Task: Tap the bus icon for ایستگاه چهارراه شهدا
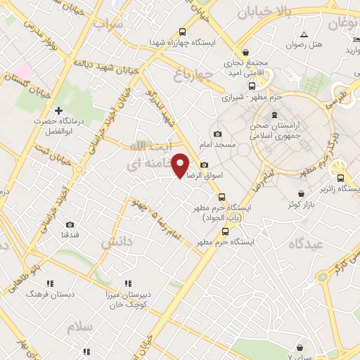click(183, 32)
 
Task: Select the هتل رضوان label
click(304, 44)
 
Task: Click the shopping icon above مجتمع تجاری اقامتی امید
click(245, 51)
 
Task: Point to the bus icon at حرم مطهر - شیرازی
click(232, 86)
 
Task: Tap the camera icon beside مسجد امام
click(218, 134)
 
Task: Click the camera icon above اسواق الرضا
click(204, 165)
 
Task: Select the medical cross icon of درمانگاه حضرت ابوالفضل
click(59, 110)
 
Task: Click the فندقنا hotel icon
click(65, 223)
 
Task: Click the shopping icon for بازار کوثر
click(301, 193)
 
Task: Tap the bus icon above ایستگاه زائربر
click(341, 178)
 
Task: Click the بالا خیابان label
click(262, 12)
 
